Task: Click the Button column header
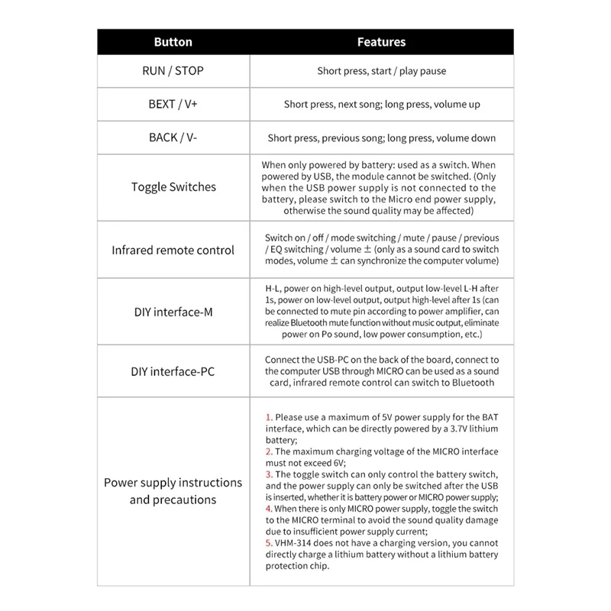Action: tap(173, 43)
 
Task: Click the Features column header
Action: tap(381, 43)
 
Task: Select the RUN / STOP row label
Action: tap(173, 71)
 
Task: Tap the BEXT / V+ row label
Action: tap(173, 104)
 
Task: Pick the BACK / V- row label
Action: tap(173, 138)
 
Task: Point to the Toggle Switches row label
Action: tap(173, 187)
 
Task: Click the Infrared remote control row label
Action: tap(173, 250)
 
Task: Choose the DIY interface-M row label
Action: tap(173, 312)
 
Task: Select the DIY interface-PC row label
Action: tap(173, 372)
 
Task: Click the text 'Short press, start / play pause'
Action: tap(381, 71)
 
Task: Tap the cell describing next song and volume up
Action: tap(381, 105)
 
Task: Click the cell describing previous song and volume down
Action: tap(381, 138)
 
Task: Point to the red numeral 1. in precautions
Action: tap(268, 418)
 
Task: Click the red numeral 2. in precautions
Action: tap(268, 451)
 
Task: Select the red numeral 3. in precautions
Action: tap(268, 474)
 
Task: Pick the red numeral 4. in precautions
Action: tap(268, 507)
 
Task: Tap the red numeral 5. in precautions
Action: tap(268, 545)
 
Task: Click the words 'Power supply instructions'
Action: tap(173, 483)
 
